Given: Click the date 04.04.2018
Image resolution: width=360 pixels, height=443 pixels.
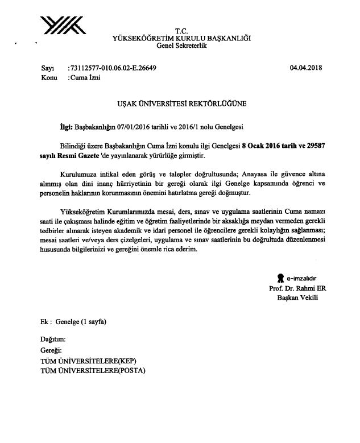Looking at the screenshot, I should tap(306, 68).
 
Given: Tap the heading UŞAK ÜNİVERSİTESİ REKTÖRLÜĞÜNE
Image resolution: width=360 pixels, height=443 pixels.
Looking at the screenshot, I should tap(181, 105).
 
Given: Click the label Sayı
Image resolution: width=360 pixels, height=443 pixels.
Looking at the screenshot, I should tap(48, 68).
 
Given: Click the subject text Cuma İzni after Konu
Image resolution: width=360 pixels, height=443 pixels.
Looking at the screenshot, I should tap(84, 78).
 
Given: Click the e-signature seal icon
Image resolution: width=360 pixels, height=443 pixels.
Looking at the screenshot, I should tap(280, 278).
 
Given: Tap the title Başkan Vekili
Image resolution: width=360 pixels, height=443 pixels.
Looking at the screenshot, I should tap(296, 297).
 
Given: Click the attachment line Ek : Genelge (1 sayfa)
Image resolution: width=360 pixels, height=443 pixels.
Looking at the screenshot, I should tap(74, 321).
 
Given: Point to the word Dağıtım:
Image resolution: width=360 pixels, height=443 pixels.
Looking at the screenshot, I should tap(58, 338).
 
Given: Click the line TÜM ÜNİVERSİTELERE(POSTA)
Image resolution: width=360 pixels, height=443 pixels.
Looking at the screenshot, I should tap(93, 371).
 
